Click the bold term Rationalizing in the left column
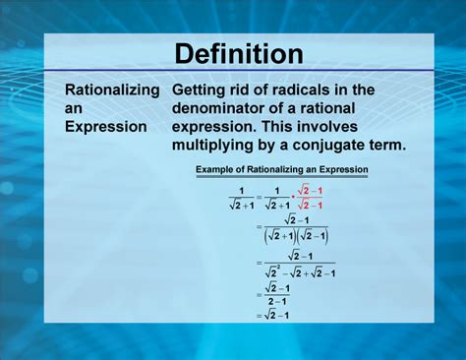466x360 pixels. [112, 90]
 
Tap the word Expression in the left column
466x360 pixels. [106, 127]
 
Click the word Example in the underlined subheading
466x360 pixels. [220, 170]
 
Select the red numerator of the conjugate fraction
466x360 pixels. [312, 189]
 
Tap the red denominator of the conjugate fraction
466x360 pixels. [312, 204]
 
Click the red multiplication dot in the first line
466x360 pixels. [292, 197]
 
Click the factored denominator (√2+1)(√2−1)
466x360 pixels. [296, 236]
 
